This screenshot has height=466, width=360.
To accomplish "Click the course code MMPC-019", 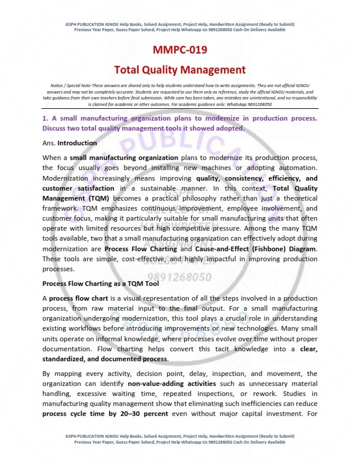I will click(179, 49).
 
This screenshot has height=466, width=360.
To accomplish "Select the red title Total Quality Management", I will click(179, 70).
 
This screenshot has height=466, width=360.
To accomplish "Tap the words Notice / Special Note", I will click(69, 86).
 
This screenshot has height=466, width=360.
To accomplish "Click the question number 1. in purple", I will click(45, 118).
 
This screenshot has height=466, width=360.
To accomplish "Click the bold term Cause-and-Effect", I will click(209, 249).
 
